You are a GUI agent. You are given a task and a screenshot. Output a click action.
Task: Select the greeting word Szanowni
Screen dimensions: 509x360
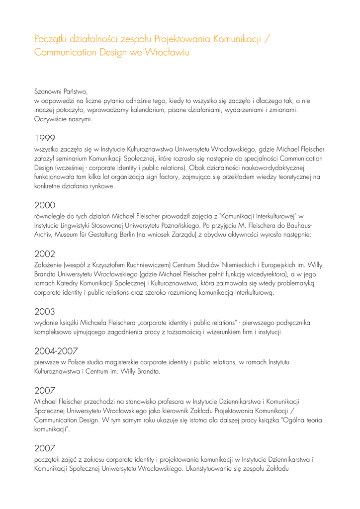coord(48,91)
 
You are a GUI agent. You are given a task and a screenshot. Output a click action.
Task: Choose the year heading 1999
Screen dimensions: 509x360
coord(45,138)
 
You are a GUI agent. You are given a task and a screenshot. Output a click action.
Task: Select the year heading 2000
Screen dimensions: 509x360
coord(45,205)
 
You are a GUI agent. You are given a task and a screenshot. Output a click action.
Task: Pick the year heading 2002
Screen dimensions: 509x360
coord(45,254)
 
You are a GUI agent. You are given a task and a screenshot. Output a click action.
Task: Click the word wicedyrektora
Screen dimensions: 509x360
coord(276,274)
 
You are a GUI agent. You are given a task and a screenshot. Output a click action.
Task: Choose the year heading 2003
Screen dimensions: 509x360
coord(45,312)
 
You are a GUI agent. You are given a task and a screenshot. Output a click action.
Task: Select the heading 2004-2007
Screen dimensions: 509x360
coord(56,351)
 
